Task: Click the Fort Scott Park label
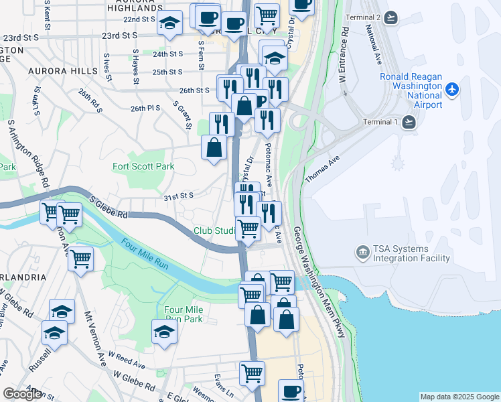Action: pos(143,166)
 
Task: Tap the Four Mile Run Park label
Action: pos(184,314)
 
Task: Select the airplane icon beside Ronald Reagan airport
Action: pos(453,88)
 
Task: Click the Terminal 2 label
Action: pos(364,17)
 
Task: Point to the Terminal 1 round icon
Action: pos(409,122)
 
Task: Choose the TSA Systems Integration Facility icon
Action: pos(362,253)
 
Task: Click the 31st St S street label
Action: pos(178,195)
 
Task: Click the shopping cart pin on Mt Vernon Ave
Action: pos(81,257)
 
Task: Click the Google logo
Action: pos(22,394)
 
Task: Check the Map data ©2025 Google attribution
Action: pos(459,397)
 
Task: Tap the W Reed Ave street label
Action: pos(127,362)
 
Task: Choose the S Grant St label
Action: pos(182,115)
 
